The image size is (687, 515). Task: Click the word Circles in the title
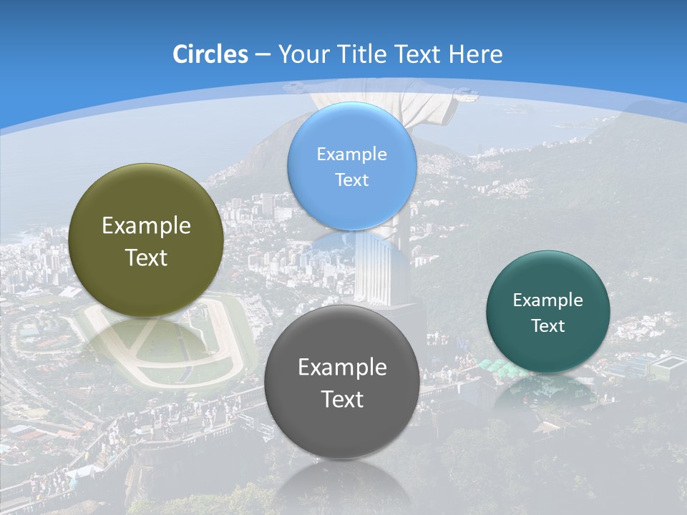point(210,54)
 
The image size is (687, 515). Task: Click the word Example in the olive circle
point(146,226)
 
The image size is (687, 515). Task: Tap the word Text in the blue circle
point(351,180)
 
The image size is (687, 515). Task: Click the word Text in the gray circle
point(342,399)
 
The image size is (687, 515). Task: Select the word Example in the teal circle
point(547,300)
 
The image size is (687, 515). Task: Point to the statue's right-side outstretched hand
point(465,92)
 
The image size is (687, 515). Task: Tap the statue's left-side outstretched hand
point(292,88)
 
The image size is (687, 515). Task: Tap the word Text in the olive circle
point(146,257)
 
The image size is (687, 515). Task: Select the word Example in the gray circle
point(342,368)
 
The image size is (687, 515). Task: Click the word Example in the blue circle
point(351,154)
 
